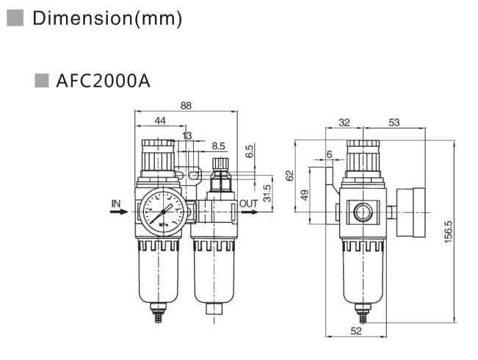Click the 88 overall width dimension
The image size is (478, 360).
(186, 106)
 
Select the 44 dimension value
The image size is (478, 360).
(159, 120)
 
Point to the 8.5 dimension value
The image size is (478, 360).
(217, 147)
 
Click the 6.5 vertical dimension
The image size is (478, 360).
(250, 151)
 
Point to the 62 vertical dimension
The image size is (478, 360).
(289, 176)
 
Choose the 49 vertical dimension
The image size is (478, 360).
(305, 198)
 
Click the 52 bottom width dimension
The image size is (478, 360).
(355, 331)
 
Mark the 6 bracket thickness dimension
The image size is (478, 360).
(329, 154)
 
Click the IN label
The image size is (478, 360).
(116, 202)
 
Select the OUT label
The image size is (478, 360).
(249, 203)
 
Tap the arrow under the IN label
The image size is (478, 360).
(118, 212)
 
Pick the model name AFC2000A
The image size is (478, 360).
(103, 80)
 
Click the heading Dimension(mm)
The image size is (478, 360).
(106, 18)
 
